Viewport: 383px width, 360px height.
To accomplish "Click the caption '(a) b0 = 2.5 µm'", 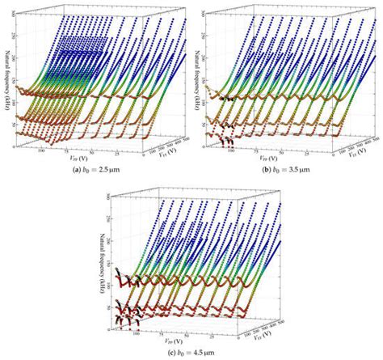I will (95, 171).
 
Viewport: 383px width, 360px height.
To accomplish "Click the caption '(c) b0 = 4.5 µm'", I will (191, 352).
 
